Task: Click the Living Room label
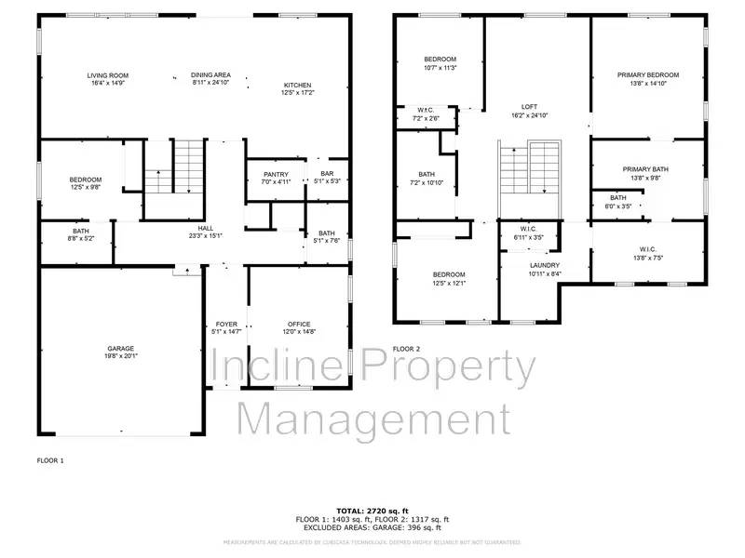(x=108, y=75)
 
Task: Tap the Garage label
(x=119, y=349)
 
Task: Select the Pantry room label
(x=276, y=174)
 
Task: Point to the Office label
(x=300, y=324)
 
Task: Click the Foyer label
(x=226, y=324)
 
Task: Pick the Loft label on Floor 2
(x=529, y=107)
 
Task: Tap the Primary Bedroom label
(x=648, y=75)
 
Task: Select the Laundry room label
(x=544, y=265)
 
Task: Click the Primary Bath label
(x=646, y=169)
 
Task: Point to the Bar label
(x=327, y=174)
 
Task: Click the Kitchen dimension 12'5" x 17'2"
(x=299, y=92)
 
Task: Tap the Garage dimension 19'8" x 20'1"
(x=119, y=357)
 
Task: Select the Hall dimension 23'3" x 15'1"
(x=206, y=235)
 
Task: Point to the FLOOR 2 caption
(x=407, y=349)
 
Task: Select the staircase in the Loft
(x=530, y=167)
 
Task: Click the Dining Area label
(x=210, y=75)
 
